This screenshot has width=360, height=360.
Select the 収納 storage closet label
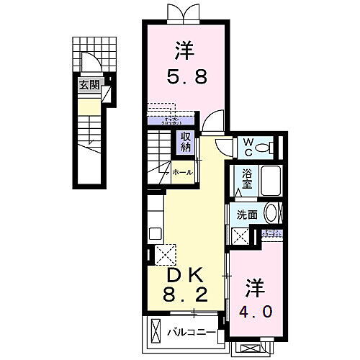pos(186,142)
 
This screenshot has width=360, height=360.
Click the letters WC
pos(247,147)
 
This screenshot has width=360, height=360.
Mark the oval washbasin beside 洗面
pos(271,212)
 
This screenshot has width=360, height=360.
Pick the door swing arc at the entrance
pos(89,63)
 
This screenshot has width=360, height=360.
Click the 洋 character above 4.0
pos(257,287)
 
